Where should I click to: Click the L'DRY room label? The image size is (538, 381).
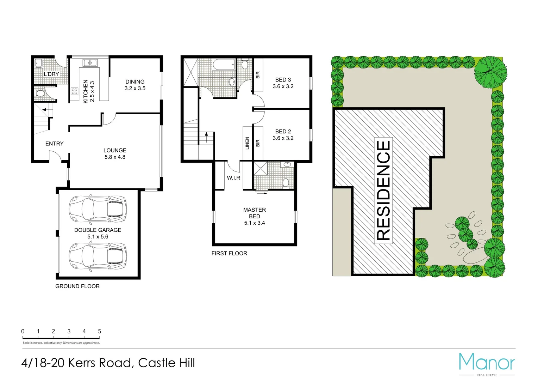[51, 74]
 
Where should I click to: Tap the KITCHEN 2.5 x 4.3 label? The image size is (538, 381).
[89, 91]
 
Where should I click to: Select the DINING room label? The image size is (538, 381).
[135, 85]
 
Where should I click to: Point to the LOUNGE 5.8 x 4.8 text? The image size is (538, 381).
[115, 153]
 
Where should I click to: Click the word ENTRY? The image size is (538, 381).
[55, 144]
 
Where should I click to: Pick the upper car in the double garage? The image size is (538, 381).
[98, 209]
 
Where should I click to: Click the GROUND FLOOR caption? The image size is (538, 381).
[77, 286]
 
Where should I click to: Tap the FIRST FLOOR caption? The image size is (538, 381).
[229, 253]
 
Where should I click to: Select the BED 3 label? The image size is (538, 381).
[283, 83]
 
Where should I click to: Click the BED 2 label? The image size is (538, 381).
[283, 135]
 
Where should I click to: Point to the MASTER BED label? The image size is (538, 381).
[255, 216]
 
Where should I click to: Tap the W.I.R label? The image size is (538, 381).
[233, 178]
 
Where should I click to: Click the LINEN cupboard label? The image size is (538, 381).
[247, 143]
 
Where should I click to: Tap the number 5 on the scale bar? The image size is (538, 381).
[99, 331]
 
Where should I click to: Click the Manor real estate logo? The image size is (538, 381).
[487, 363]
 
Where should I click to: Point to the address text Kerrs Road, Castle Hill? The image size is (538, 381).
[108, 363]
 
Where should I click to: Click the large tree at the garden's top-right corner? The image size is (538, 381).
[490, 72]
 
